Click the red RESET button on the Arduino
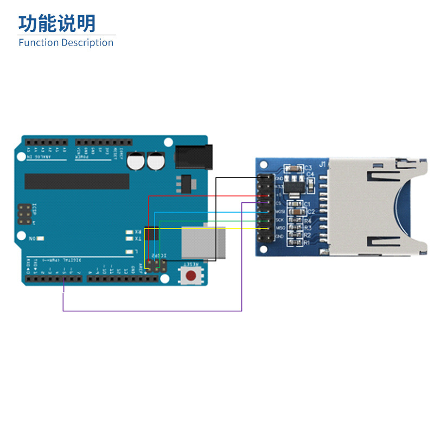pos(191,276)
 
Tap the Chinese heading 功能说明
pos(57,23)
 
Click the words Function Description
pos(66,43)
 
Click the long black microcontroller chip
pos(77,182)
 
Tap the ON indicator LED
pos(40,238)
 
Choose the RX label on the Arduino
pos(138,233)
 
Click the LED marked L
pos(129,252)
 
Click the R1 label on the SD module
pos(307,244)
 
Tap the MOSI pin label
pos(280,211)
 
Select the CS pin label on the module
pos(278,203)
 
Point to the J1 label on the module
pos(322,164)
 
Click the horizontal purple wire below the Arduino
pos(152,311)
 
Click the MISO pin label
pos(280,228)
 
